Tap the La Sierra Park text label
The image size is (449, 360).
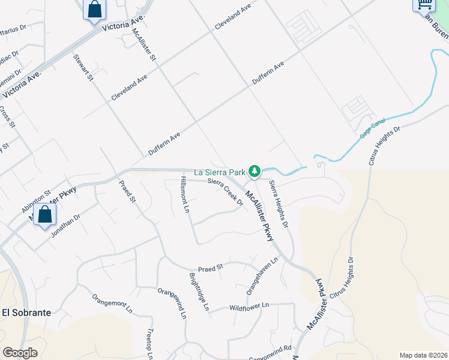point(219,172)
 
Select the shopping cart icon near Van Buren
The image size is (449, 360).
point(424,4)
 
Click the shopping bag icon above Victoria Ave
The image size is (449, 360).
point(94,10)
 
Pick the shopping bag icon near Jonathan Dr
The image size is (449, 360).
point(44,215)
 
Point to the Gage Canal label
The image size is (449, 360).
point(372,129)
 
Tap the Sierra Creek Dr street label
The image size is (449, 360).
point(225,191)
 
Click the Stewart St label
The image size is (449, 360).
point(83,68)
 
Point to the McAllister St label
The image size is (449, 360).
point(144,45)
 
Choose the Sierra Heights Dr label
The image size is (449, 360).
point(279,204)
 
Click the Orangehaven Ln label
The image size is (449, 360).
point(263,276)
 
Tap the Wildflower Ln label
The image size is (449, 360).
point(250,307)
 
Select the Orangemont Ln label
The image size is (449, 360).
point(112,304)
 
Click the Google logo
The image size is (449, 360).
point(20,353)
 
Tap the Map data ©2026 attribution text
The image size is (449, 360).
point(423,355)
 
